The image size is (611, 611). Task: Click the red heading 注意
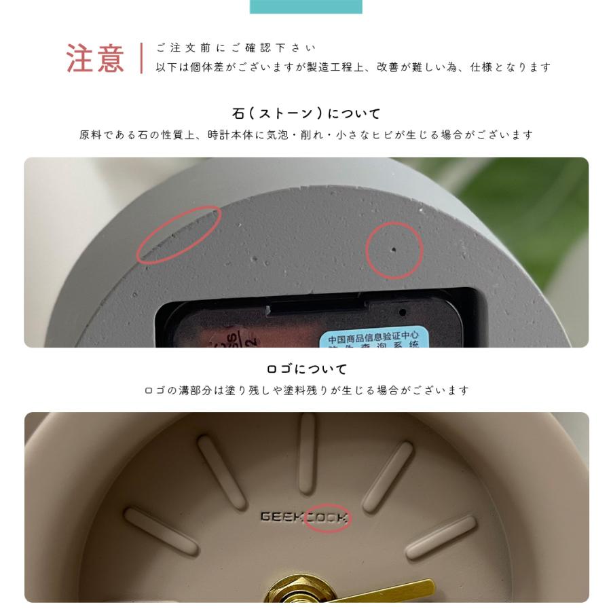(x=96, y=58)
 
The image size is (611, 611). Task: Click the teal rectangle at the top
(x=305, y=6)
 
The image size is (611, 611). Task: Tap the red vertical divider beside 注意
(x=141, y=58)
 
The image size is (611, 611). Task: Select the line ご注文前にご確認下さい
(x=236, y=48)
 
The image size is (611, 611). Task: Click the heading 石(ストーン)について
(x=306, y=113)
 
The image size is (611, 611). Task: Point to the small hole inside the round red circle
(x=394, y=249)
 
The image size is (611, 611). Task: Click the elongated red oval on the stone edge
(x=179, y=234)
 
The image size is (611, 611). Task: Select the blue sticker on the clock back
(x=373, y=337)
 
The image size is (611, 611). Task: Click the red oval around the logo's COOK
(x=327, y=518)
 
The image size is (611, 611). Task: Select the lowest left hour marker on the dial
(x=161, y=530)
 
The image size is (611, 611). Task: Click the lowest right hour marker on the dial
(x=441, y=536)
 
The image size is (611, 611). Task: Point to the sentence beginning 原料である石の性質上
(x=306, y=135)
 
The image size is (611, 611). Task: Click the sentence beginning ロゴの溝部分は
(x=306, y=390)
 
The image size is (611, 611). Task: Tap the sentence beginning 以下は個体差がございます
(x=353, y=67)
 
